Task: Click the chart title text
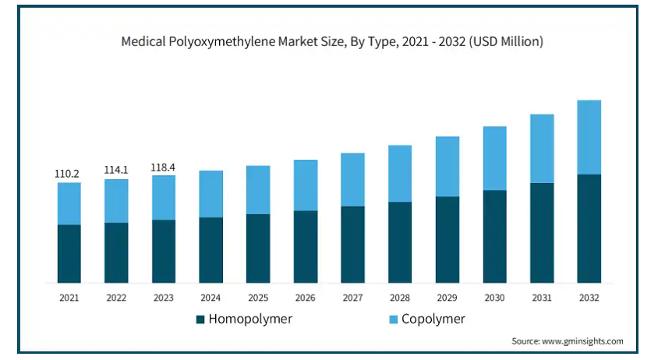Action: pos(332,42)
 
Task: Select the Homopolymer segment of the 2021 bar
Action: pos(69,253)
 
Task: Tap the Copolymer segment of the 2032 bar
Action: pos(589,137)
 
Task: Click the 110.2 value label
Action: pos(69,174)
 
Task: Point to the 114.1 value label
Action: pos(116,171)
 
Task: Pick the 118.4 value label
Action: pos(164,167)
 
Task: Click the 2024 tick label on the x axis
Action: pos(210,297)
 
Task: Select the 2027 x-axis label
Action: pos(352,297)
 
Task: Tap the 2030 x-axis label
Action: pos(494,297)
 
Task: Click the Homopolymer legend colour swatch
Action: pos(200,319)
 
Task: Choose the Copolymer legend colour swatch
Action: pos(393,319)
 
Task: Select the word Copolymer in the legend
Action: pos(433,319)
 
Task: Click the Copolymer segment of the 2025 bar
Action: pos(258,189)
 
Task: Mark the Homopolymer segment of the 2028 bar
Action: pos(400,242)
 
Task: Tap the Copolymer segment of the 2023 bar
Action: pos(164,197)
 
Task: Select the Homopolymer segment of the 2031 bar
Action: pos(542,233)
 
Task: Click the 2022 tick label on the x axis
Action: pos(116,297)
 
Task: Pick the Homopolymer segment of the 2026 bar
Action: pos(306,246)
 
